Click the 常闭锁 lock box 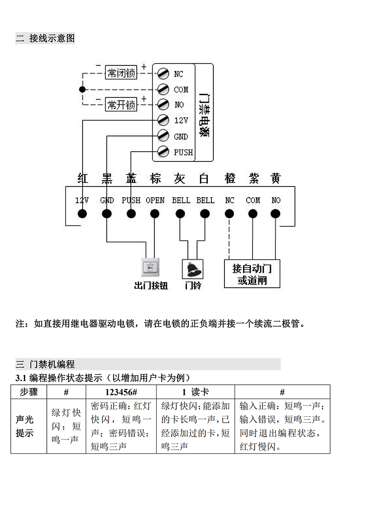(121, 73)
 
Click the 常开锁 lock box (122, 105)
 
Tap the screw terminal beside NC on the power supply (163, 73)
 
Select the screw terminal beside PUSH (163, 151)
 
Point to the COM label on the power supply (181, 90)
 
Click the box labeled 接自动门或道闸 (252, 274)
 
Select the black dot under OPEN (155, 214)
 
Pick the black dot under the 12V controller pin (83, 214)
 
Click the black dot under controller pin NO (275, 214)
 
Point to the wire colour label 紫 (253, 179)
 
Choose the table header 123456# (121, 392)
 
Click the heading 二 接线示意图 (45, 38)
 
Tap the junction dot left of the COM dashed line (82, 89)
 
